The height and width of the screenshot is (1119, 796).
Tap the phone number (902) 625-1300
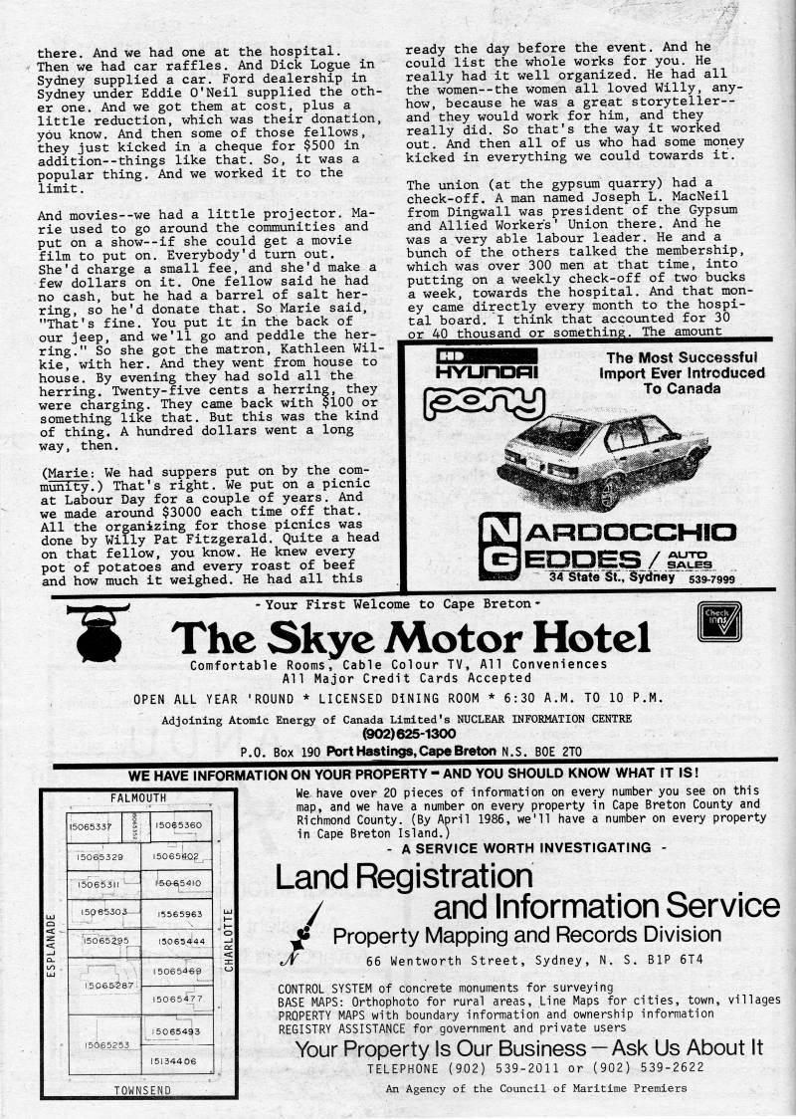tap(403, 735)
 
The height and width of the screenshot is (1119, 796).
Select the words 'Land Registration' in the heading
tap(403, 876)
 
